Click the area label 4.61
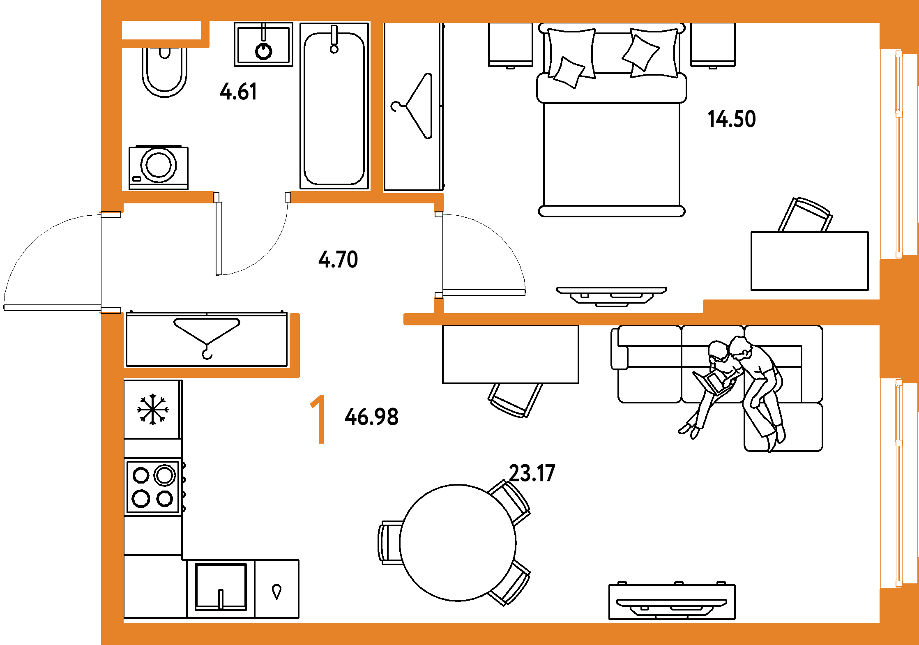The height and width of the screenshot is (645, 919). pyautogui.click(x=239, y=91)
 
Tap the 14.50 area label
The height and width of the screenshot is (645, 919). pyautogui.click(x=732, y=119)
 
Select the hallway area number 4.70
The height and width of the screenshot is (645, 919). pyautogui.click(x=338, y=259)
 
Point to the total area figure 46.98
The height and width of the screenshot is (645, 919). pyautogui.click(x=371, y=417)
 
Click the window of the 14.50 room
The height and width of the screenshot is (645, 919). pyautogui.click(x=898, y=154)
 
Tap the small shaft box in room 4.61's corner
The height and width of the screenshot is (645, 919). pyautogui.click(x=161, y=30)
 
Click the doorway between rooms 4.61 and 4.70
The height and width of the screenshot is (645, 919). pyautogui.click(x=252, y=198)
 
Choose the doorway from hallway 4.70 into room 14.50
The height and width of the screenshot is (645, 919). pyautogui.click(x=439, y=255)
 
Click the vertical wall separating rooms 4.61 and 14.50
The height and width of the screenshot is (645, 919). pyautogui.click(x=377, y=107)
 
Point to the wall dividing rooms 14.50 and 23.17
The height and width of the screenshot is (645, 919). pyautogui.click(x=575, y=319)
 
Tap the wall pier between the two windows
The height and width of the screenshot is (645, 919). pyautogui.click(x=898, y=318)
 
